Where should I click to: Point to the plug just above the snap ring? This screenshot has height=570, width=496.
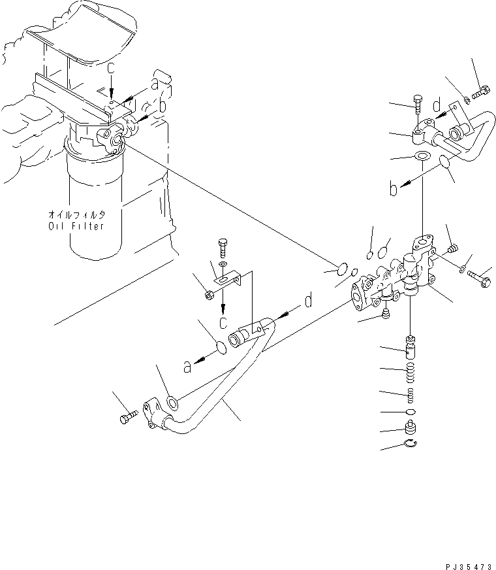[410, 429]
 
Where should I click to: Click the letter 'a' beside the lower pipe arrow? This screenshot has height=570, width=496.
[188, 367]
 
